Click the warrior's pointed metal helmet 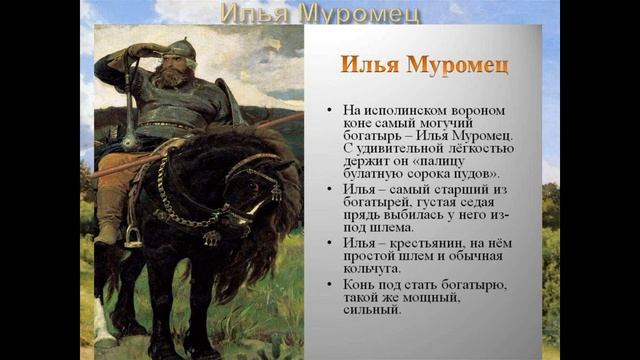pos(180,47)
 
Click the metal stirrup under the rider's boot pos(131,237)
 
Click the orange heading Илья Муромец pos(424,65)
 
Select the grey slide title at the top pos(319,14)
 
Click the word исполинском pos(403,108)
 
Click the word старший pos(447,187)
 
